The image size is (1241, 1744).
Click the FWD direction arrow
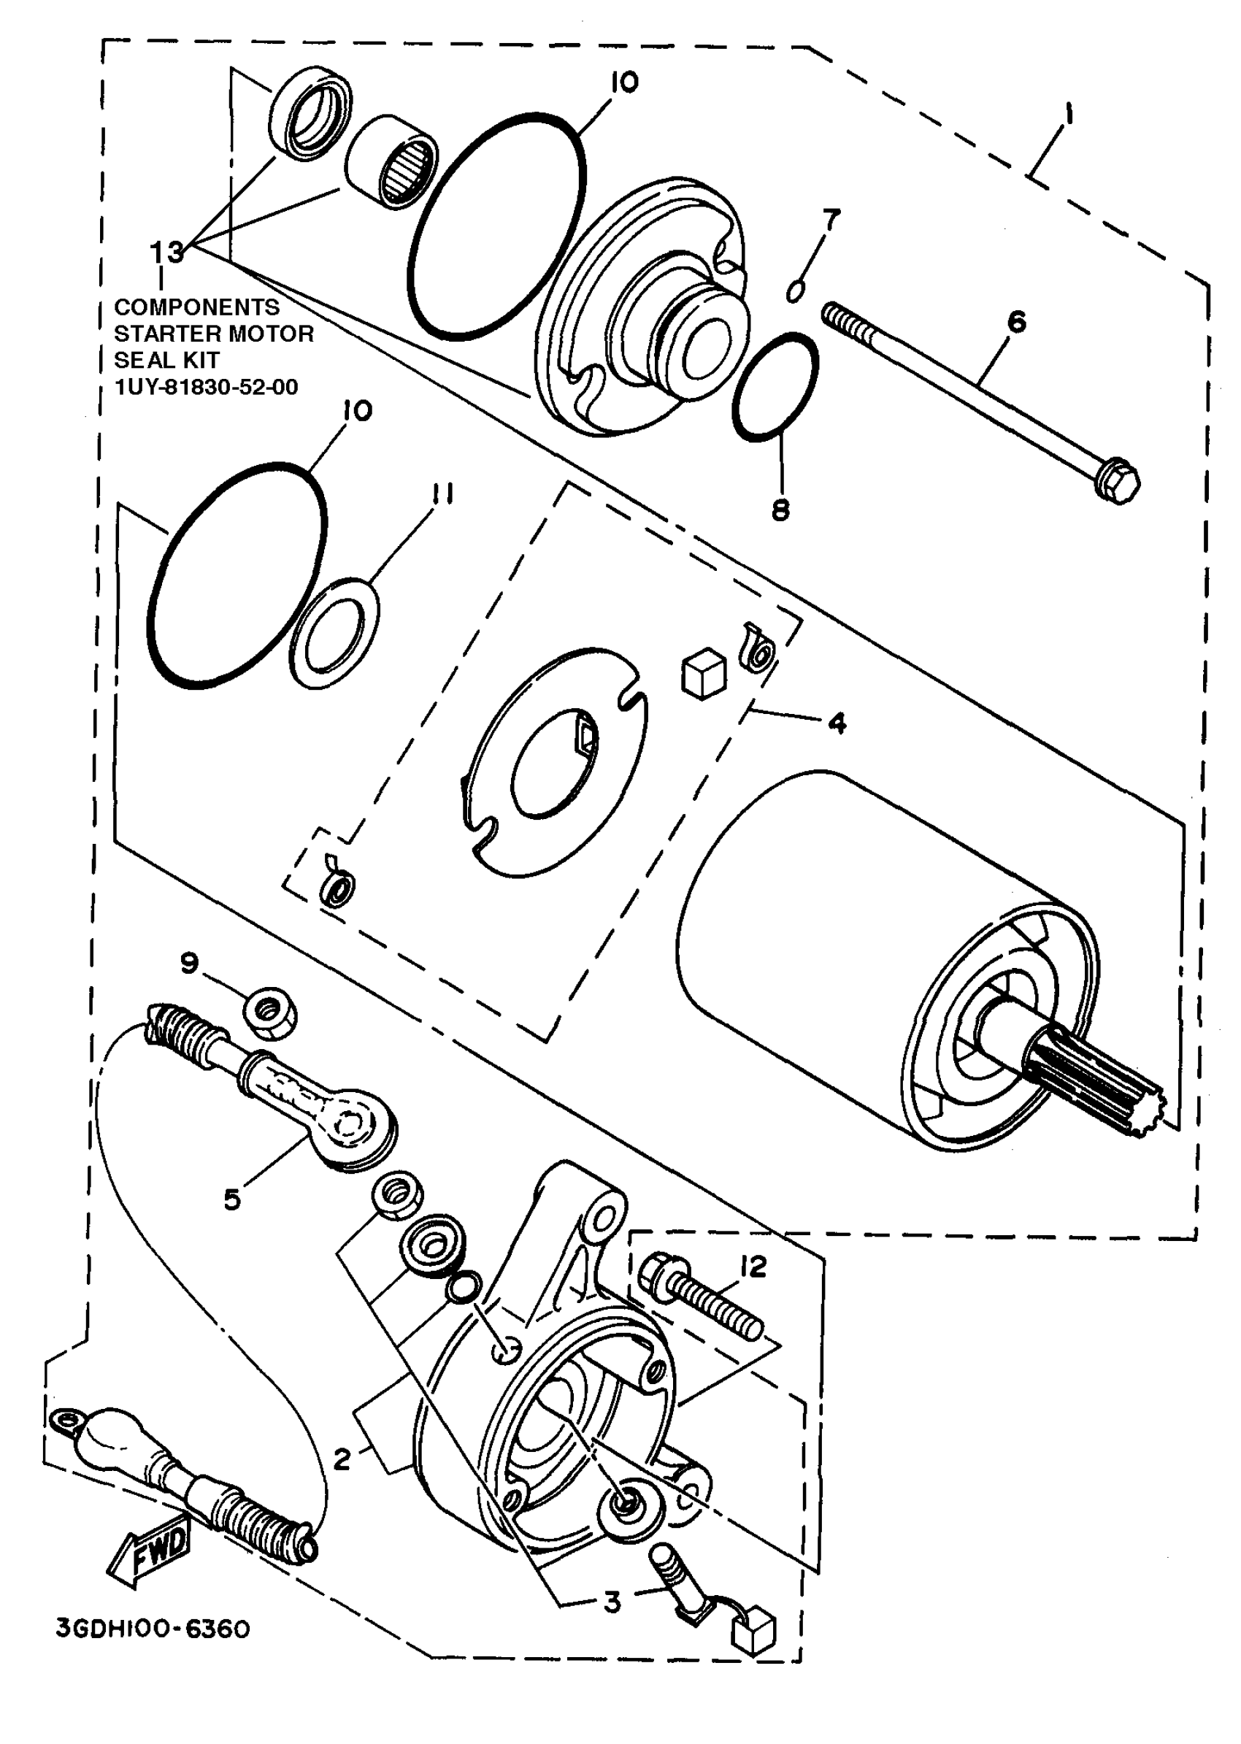[151, 1548]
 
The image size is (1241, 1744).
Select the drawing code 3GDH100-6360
[153, 1629]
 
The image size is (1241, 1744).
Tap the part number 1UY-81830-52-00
[207, 387]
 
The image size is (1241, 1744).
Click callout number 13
[166, 251]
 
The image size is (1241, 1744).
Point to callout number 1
[1067, 116]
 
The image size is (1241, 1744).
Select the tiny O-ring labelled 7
[796, 291]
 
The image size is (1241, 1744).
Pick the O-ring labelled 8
[775, 387]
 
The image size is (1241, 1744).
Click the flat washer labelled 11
[334, 634]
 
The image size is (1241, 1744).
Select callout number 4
[837, 722]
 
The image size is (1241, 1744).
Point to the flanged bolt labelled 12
[703, 1298]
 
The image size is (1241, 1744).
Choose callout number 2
[342, 1459]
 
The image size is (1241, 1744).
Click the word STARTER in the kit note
[165, 334]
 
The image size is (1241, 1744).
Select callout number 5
[231, 1199]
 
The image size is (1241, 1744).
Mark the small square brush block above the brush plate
[703, 672]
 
